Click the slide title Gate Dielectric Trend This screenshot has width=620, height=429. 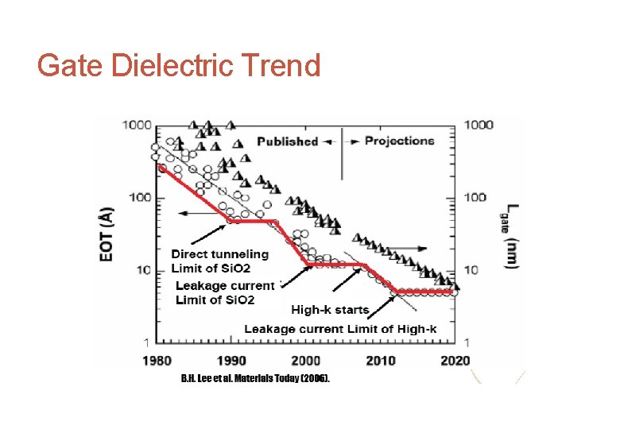coord(179,65)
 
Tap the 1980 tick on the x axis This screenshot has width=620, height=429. coord(157,361)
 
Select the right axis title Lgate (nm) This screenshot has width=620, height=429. coord(513,236)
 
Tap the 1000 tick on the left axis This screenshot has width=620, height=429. coord(136,125)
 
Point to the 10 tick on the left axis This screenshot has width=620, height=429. coord(142,270)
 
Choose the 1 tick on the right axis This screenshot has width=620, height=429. coord(467,342)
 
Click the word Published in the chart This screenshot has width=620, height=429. coord(287,141)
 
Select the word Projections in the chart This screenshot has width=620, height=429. coord(399,141)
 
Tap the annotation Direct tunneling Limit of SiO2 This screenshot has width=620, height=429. coord(220,260)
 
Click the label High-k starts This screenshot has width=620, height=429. coord(330,310)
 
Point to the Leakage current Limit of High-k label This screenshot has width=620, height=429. coord(340,329)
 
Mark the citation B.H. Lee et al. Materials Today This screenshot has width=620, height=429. coord(255,377)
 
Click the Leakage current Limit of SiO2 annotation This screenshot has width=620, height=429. coord(225,292)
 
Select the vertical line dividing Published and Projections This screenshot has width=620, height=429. coord(342,155)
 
